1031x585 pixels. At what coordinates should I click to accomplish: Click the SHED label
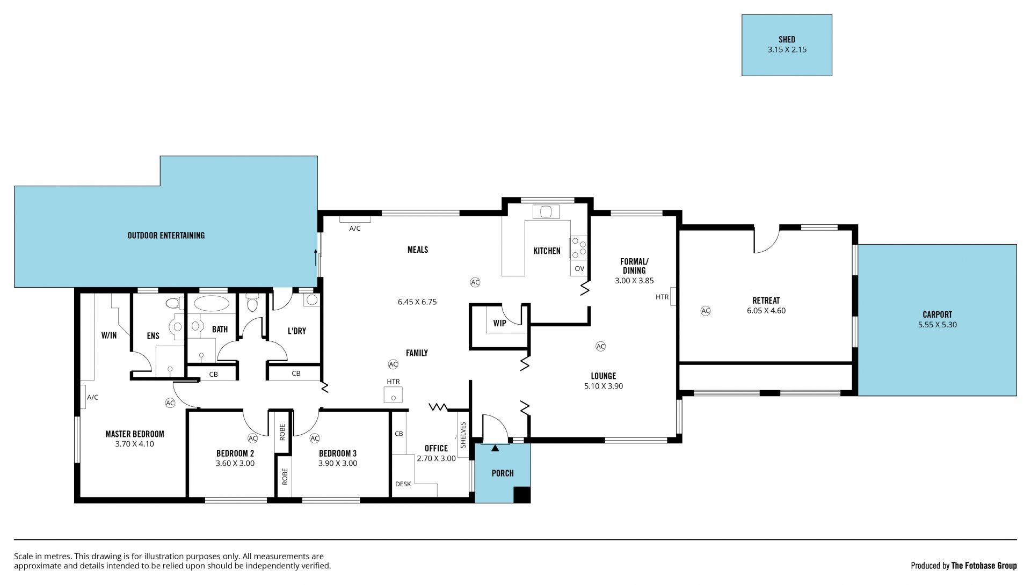(787, 39)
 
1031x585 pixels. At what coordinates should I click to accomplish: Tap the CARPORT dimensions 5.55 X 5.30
(937, 325)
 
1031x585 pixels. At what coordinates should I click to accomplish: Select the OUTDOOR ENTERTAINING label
(166, 235)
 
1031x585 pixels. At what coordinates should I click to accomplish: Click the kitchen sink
(546, 212)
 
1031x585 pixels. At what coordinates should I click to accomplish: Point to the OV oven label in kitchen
(579, 268)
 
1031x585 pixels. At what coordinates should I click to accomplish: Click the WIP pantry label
(499, 323)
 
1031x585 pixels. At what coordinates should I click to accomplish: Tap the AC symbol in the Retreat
(706, 311)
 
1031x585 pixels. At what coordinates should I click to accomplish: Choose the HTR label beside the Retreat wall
(662, 297)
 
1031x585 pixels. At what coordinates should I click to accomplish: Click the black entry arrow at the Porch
(495, 447)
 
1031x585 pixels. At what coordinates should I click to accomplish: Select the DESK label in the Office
(403, 484)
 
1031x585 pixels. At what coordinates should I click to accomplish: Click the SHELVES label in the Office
(463, 434)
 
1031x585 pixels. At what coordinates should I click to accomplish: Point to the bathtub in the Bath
(211, 303)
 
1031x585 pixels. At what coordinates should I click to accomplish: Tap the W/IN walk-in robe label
(109, 335)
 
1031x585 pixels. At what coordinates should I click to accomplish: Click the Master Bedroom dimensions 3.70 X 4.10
(134, 444)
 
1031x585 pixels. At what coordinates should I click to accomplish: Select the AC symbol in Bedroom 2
(253, 438)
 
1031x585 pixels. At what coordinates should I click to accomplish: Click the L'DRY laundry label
(296, 331)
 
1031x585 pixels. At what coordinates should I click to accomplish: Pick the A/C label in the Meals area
(355, 229)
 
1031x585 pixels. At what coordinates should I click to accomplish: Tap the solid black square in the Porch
(521, 494)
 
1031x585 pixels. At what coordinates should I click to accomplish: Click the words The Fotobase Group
(984, 565)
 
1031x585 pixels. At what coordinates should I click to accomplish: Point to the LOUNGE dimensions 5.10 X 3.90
(604, 386)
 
